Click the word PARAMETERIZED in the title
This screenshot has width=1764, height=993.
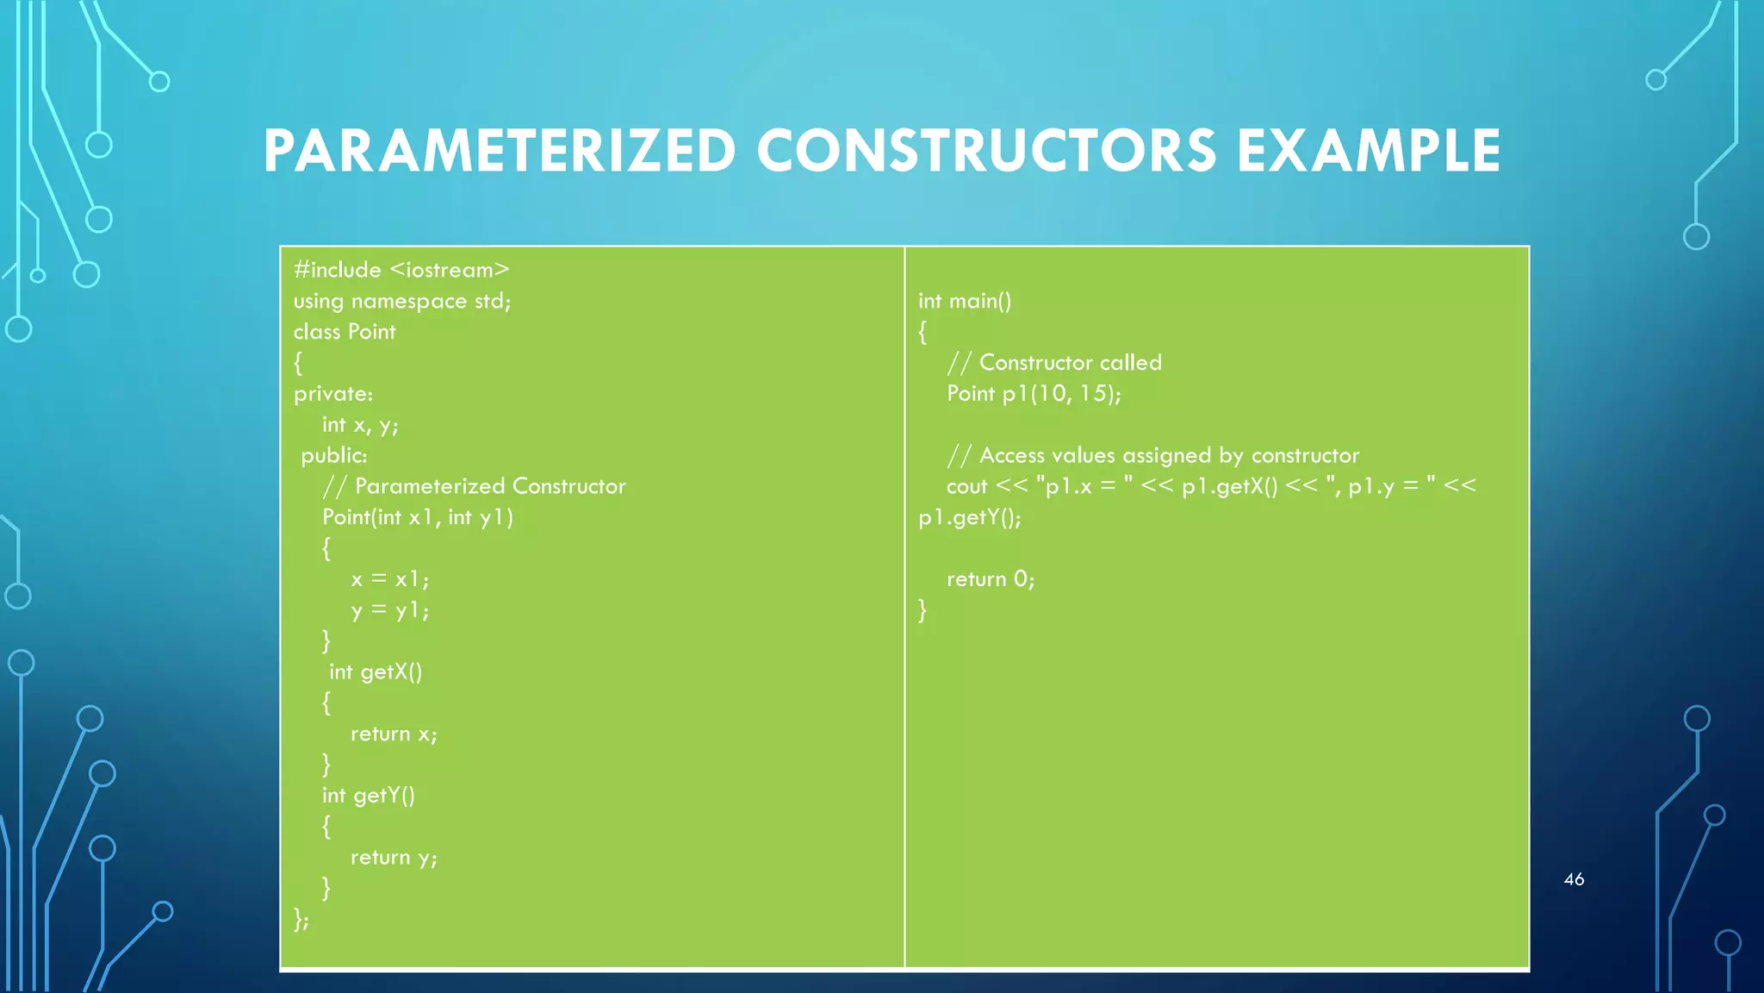(500, 151)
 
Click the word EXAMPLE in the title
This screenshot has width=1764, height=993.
(1369, 151)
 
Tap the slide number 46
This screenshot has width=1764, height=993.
(1574, 879)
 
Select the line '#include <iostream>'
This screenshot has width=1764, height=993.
(401, 270)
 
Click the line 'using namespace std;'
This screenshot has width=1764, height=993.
(401, 301)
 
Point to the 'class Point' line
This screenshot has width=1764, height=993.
(345, 332)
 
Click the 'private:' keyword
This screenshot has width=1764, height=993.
(333, 394)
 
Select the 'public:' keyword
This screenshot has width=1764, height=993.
(334, 455)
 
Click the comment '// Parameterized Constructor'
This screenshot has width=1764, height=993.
(474, 486)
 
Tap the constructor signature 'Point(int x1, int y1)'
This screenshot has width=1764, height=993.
(418, 517)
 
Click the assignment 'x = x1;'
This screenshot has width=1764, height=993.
(389, 579)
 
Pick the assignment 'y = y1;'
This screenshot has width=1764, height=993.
(389, 610)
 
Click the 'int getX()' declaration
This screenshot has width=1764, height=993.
(376, 671)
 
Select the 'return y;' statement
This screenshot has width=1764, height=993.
(394, 858)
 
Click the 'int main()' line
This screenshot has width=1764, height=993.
(965, 301)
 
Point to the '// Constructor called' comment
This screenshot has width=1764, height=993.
(1054, 363)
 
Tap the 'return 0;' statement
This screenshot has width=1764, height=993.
(991, 579)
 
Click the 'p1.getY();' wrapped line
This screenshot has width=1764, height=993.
(970, 517)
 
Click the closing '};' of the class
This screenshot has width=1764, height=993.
(301, 919)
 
